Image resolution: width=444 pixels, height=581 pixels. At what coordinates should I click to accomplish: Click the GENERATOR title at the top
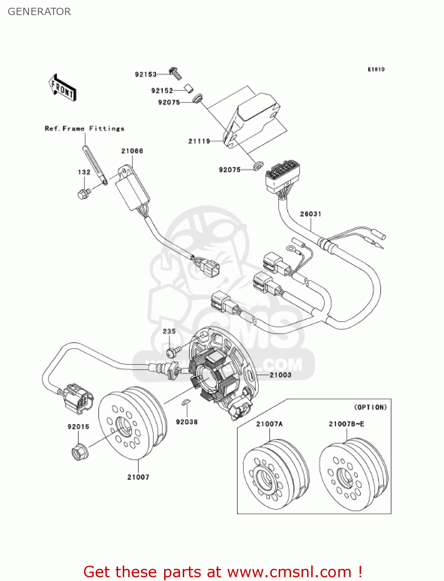pyautogui.click(x=39, y=12)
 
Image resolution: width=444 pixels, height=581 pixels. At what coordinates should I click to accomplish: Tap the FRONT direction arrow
pyautogui.click(x=62, y=88)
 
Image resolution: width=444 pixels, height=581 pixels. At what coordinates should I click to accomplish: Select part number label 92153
pyautogui.click(x=146, y=74)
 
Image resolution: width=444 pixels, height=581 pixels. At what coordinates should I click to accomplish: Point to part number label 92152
pyautogui.click(x=162, y=91)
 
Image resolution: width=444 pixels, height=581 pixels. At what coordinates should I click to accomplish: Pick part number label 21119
pyautogui.click(x=199, y=141)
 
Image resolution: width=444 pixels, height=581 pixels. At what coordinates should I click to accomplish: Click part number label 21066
pyautogui.click(x=132, y=151)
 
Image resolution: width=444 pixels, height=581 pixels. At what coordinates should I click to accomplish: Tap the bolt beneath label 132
pyautogui.click(x=83, y=193)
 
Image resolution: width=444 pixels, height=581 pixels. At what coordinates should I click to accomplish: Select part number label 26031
pyautogui.click(x=310, y=214)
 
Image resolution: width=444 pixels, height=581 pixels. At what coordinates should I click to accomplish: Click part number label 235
pyautogui.click(x=169, y=332)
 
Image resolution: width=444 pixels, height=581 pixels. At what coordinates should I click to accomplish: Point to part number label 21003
pyautogui.click(x=280, y=375)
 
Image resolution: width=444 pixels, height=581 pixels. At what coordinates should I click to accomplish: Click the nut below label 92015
pyautogui.click(x=79, y=452)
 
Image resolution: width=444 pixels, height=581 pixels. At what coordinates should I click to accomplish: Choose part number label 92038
pyautogui.click(x=187, y=422)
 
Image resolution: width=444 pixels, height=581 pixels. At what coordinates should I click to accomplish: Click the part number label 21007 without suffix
pyautogui.click(x=138, y=477)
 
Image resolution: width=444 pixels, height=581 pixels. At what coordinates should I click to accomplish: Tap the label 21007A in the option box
pyautogui.click(x=269, y=424)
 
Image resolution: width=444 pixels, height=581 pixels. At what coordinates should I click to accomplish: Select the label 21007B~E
pyautogui.click(x=346, y=424)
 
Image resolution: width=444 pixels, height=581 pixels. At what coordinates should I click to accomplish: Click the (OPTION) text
pyautogui.click(x=370, y=407)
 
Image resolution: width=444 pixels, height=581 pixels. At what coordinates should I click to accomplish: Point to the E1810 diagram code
pyautogui.click(x=376, y=69)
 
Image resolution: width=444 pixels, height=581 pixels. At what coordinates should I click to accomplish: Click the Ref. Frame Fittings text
pyautogui.click(x=84, y=129)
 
